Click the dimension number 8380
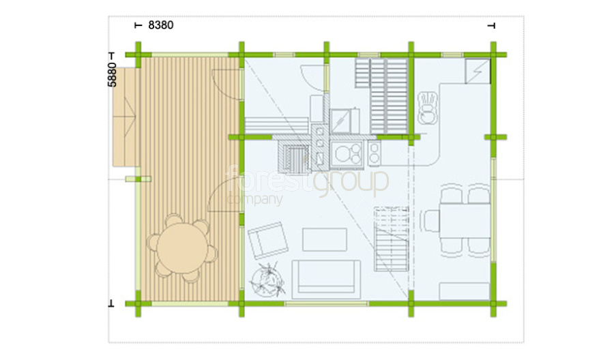(x=160, y=25)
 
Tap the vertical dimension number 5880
(x=112, y=74)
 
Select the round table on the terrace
(x=182, y=249)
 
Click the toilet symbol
(x=427, y=108)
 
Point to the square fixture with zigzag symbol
(x=478, y=71)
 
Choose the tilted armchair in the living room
(x=268, y=240)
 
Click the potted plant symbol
(x=267, y=280)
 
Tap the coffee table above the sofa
(x=325, y=240)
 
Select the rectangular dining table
(x=465, y=220)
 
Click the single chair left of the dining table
(x=430, y=221)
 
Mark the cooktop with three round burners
(x=347, y=153)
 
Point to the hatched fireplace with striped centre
(x=294, y=157)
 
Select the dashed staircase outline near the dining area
(x=392, y=239)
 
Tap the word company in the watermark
(x=254, y=200)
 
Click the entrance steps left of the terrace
(x=126, y=117)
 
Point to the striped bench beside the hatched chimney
(x=276, y=125)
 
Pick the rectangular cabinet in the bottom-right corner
(x=465, y=292)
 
